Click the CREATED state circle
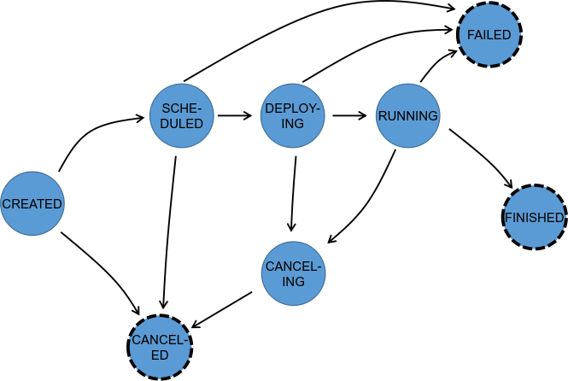coord(32,204)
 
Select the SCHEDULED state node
coord(181,114)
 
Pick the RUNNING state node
coord(407,115)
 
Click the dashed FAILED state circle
coord(489,35)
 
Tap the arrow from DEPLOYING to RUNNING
coord(350,114)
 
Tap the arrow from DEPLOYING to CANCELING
coord(294,192)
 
